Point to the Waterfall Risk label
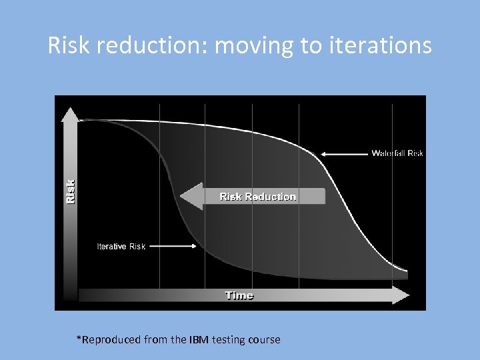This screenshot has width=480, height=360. coord(397,153)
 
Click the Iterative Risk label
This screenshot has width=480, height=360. coord(121,247)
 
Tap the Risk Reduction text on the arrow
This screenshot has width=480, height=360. coord(258,197)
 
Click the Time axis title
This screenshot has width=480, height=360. coord(239,295)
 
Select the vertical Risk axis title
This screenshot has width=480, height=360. coord(70,191)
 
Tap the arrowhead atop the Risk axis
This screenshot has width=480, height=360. coord(70,115)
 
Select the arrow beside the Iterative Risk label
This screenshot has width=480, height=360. coord(175,246)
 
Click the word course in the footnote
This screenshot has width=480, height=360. coord(264,340)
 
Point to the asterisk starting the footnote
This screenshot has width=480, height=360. coord(79,338)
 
